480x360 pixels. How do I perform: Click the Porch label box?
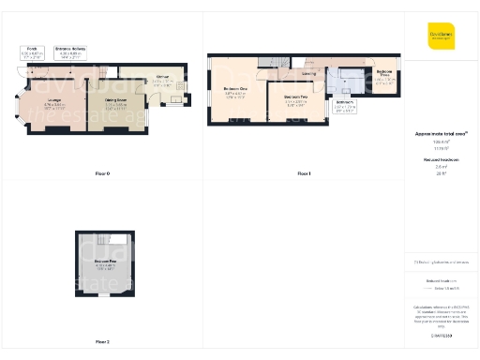pyautogui.click(x=32, y=52)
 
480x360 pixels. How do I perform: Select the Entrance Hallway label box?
pyautogui.click(x=70, y=52)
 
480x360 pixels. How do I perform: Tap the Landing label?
pyautogui.click(x=308, y=75)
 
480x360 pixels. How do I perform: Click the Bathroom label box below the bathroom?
pyautogui.click(x=345, y=103)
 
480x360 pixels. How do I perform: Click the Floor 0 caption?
pyautogui.click(x=102, y=173)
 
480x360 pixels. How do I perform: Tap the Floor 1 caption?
pyautogui.click(x=304, y=173)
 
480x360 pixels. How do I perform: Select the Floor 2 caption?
pyautogui.click(x=102, y=341)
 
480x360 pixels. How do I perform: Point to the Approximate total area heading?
pyautogui.click(x=441, y=134)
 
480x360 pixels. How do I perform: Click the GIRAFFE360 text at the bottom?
pyautogui.click(x=442, y=335)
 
